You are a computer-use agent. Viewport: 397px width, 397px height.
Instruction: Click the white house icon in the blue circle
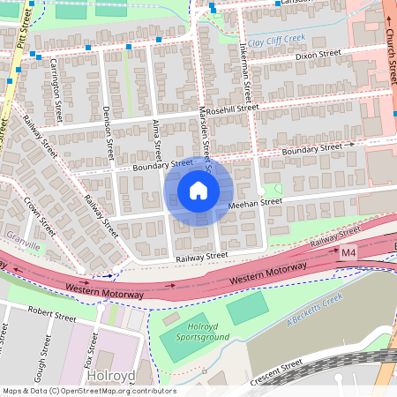198,190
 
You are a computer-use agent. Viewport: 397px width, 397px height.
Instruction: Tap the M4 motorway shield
349,254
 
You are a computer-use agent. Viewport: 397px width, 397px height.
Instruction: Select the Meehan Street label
255,202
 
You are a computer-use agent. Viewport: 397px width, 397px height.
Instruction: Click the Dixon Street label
318,55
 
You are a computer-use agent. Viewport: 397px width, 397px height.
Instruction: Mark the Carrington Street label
56,89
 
